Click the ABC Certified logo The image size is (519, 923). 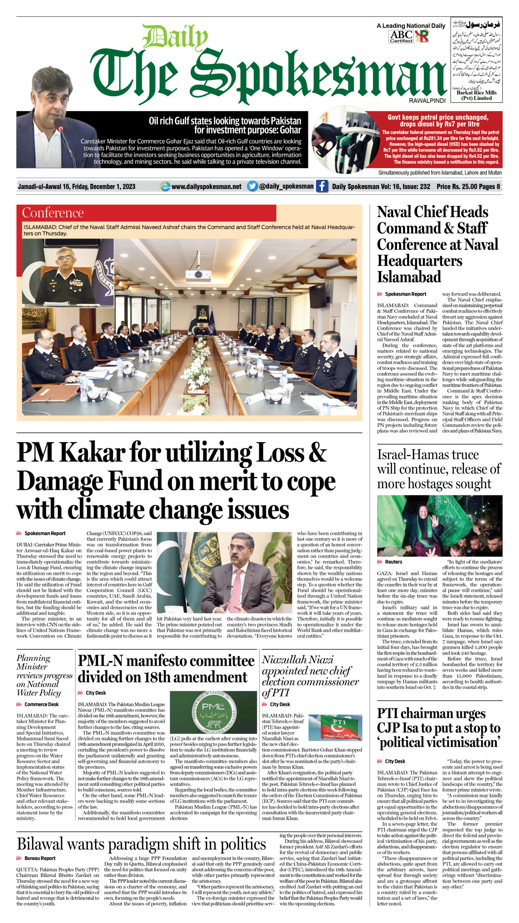(x=401, y=36)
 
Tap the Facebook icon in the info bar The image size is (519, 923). (x=322, y=186)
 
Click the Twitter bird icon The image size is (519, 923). (x=252, y=186)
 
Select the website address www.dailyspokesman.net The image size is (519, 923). (x=206, y=186)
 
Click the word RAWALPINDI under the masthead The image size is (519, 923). (x=427, y=101)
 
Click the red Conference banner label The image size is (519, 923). (x=53, y=213)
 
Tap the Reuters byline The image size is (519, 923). (x=393, y=562)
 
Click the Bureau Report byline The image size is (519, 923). (x=40, y=858)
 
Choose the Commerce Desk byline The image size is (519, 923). (x=41, y=704)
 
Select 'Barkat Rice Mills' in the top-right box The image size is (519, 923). (x=476, y=93)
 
